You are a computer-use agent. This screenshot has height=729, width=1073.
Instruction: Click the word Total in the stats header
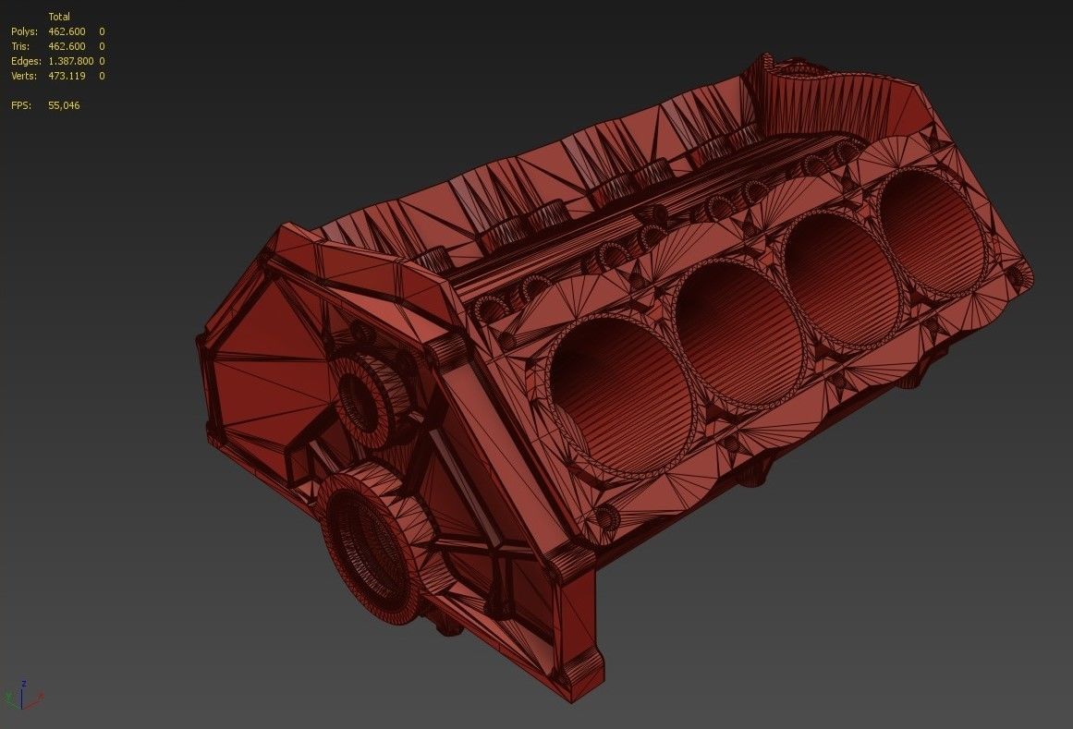tap(58, 17)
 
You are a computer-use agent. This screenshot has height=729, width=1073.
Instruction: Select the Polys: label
tap(25, 31)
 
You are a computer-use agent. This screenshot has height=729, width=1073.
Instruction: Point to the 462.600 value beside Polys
tap(67, 31)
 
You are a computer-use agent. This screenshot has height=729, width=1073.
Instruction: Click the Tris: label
tap(21, 46)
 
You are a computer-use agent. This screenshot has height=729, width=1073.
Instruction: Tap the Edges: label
tap(27, 61)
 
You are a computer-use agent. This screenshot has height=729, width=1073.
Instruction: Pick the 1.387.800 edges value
tap(70, 61)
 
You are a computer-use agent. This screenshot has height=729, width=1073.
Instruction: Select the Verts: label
tap(25, 76)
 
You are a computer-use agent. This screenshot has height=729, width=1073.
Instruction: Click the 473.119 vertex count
tap(67, 76)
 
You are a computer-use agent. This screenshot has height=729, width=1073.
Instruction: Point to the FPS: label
tap(21, 105)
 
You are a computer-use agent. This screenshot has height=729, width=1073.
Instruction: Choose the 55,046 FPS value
tap(64, 105)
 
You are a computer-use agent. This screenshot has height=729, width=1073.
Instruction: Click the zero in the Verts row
tap(102, 76)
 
